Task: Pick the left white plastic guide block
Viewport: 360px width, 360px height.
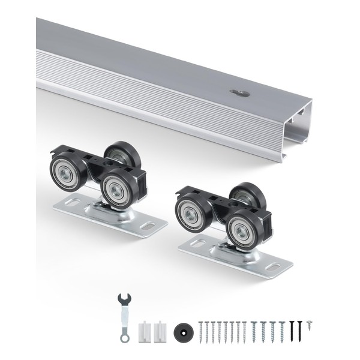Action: point(145,331)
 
